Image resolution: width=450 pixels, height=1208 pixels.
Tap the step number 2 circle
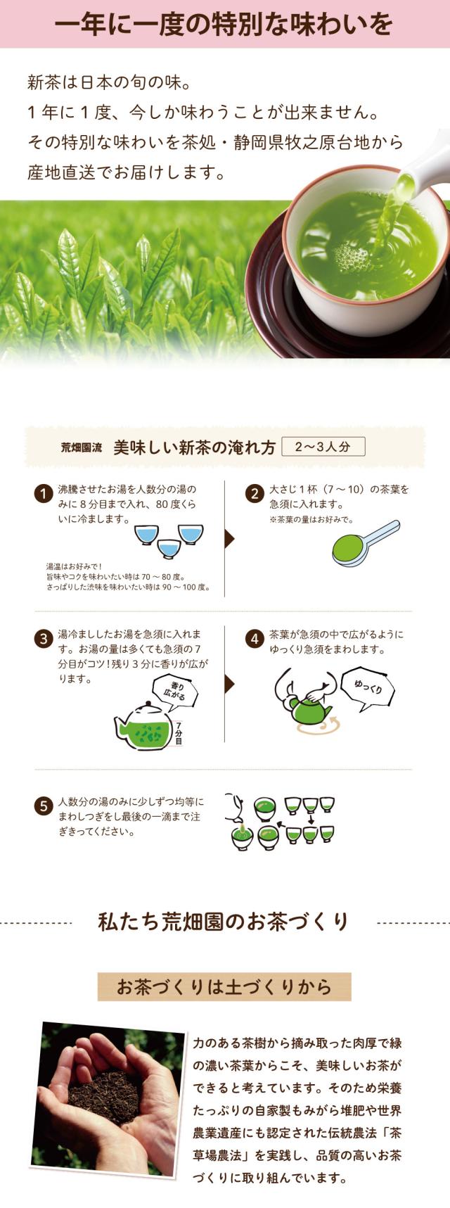[x=254, y=494]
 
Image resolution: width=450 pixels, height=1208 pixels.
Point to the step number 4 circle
[x=254, y=639]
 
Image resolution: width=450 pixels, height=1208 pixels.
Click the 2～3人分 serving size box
[x=323, y=446]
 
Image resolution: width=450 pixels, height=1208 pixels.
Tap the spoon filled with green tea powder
[x=365, y=544]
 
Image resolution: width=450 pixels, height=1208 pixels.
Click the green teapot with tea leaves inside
[x=143, y=724]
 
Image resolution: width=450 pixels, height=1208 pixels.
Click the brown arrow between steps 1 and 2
[x=229, y=539]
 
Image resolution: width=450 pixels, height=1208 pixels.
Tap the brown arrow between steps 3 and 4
[x=229, y=684]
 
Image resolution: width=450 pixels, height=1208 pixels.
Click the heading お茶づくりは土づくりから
[x=224, y=986]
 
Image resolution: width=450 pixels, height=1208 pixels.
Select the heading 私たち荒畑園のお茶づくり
[x=224, y=922]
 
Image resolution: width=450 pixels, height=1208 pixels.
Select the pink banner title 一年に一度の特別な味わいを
[x=224, y=24]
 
